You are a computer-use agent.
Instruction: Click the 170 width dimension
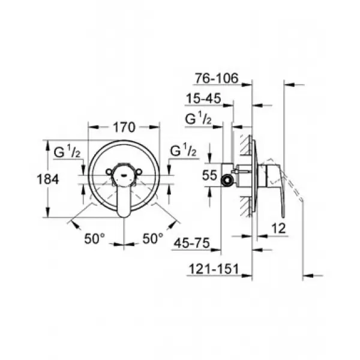click(x=124, y=127)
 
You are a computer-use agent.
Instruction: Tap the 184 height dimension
click(x=48, y=179)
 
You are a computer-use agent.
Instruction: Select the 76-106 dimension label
click(x=217, y=78)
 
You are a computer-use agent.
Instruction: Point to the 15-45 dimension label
click(x=203, y=99)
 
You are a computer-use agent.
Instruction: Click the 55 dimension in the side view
click(x=209, y=175)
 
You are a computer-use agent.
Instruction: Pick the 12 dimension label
click(x=278, y=229)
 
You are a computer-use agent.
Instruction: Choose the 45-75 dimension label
click(x=192, y=243)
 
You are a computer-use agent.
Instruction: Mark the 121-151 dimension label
click(x=214, y=269)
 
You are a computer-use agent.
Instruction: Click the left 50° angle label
click(x=95, y=239)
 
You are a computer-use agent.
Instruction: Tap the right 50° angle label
click(x=152, y=238)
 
